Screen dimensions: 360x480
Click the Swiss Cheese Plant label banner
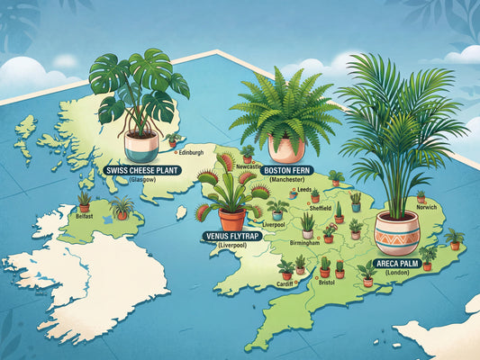coord(139,170)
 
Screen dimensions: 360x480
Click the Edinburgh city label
coord(191,152)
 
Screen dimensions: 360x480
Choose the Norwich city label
coord(428,206)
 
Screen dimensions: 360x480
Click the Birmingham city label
coord(304,243)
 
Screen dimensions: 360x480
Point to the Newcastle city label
coord(249,167)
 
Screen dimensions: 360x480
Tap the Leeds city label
coord(304,190)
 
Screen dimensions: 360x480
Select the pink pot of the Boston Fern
coord(285,147)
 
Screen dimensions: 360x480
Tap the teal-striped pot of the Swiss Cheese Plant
coord(141,146)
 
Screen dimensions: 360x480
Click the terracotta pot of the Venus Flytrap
coord(231,219)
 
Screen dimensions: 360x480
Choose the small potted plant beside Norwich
coord(421,195)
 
